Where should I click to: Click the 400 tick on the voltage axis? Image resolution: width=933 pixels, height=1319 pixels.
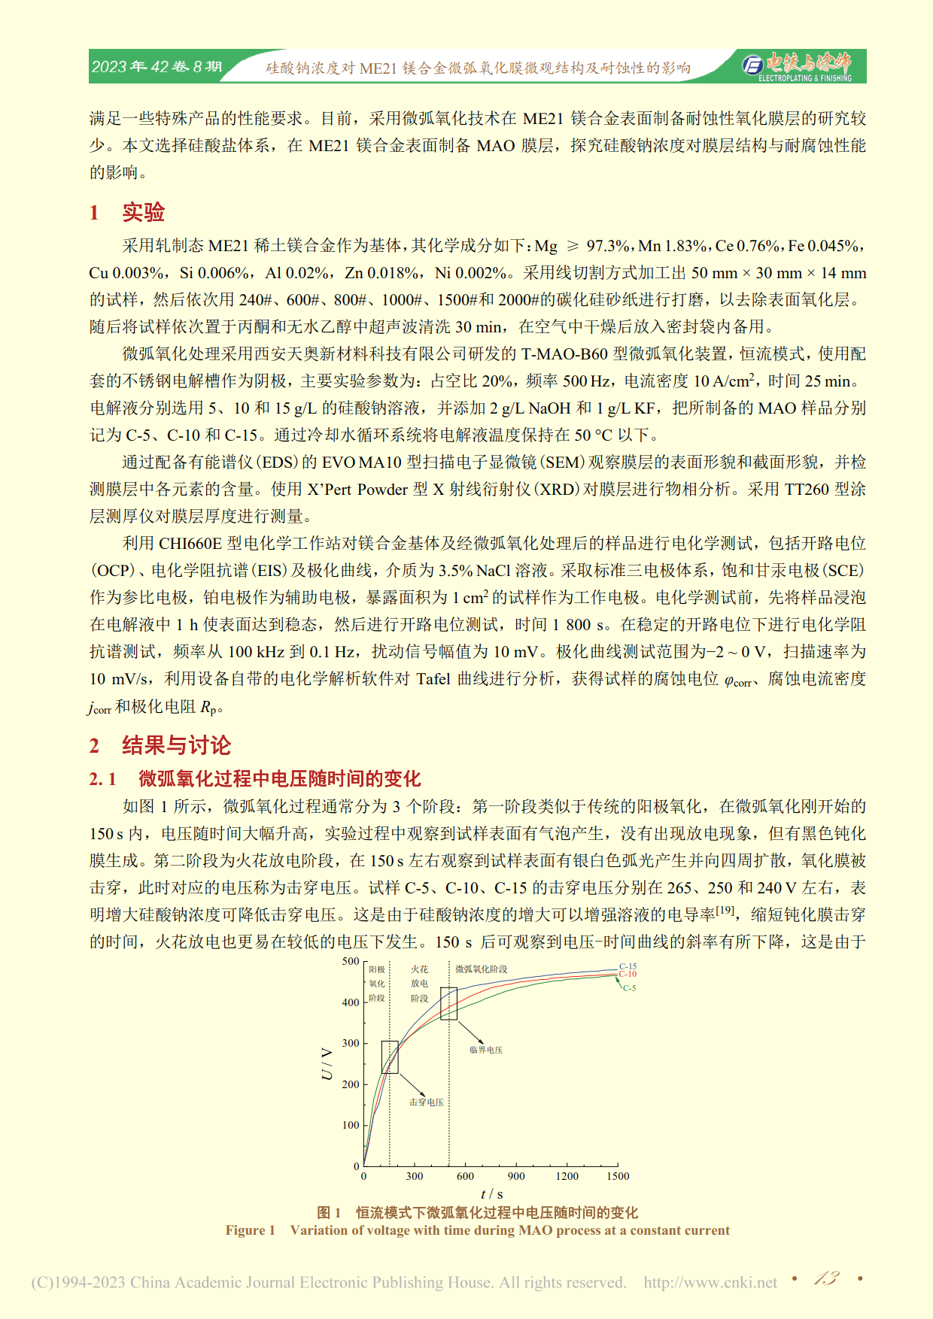click(x=351, y=1002)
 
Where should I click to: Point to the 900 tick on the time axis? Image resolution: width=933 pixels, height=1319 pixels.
click(x=516, y=1176)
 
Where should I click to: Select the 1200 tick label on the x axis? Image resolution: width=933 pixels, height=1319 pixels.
click(x=567, y=1176)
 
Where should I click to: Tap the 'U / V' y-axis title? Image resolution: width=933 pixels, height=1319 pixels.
click(x=327, y=1064)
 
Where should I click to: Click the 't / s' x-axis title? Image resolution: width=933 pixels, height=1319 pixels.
click(x=491, y=1193)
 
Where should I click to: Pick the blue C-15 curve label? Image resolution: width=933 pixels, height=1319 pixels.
click(x=628, y=966)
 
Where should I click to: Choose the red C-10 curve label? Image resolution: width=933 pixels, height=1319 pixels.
click(x=628, y=974)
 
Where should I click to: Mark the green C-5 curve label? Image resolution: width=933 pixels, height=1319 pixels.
click(x=629, y=988)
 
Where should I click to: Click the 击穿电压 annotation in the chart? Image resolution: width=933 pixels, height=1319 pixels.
click(x=426, y=1102)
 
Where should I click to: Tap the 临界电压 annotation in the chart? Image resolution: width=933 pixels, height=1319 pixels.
click(x=485, y=1050)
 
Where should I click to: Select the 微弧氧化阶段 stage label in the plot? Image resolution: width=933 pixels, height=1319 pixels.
click(x=481, y=969)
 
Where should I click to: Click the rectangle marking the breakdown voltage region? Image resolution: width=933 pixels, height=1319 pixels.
click(x=390, y=1057)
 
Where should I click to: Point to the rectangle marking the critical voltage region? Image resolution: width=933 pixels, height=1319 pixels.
click(x=448, y=1004)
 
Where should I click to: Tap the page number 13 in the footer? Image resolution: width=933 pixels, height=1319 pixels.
click(x=826, y=1278)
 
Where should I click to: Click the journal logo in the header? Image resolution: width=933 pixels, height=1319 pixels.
click(x=797, y=65)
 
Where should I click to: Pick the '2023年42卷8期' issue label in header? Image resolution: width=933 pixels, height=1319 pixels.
click(x=157, y=67)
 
